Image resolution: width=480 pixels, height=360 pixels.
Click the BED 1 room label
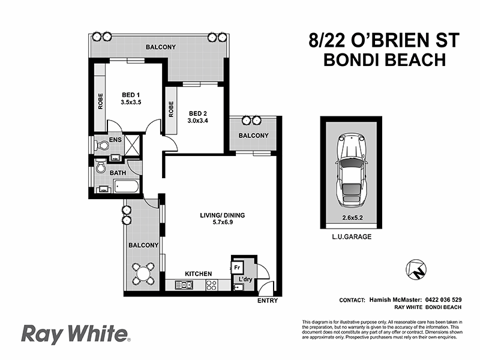click(x=130, y=95)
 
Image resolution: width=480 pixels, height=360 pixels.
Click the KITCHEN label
click(x=198, y=274)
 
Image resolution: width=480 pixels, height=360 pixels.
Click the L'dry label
click(x=245, y=280)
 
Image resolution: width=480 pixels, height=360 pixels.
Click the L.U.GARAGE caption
click(x=350, y=237)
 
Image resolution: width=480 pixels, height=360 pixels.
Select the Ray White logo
click(x=74, y=333)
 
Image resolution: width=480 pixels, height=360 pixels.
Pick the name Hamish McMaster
click(x=392, y=299)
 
